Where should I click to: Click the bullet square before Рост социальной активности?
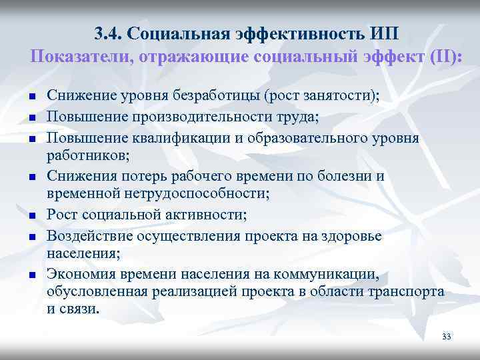pyautogui.click(x=31, y=215)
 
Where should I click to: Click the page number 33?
pyautogui.click(x=446, y=337)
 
